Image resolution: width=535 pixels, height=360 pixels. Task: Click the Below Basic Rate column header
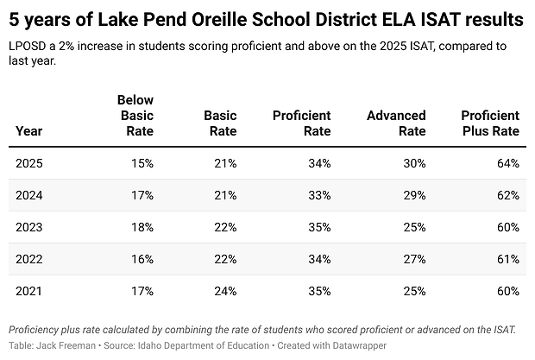135,116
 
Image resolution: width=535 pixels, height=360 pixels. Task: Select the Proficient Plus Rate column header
490,123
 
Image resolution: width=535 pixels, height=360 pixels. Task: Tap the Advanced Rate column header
396,123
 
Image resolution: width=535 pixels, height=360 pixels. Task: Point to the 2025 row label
28,163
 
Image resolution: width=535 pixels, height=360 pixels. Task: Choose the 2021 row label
28,291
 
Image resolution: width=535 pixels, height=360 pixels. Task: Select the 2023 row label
28,227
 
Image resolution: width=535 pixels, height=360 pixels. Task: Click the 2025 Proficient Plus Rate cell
507,163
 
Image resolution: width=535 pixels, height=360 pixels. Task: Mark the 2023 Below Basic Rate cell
142,227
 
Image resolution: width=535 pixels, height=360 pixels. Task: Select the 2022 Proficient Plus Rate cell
507,259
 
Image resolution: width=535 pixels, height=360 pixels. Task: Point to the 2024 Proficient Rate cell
319,195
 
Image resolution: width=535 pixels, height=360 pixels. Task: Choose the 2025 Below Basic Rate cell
142,163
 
